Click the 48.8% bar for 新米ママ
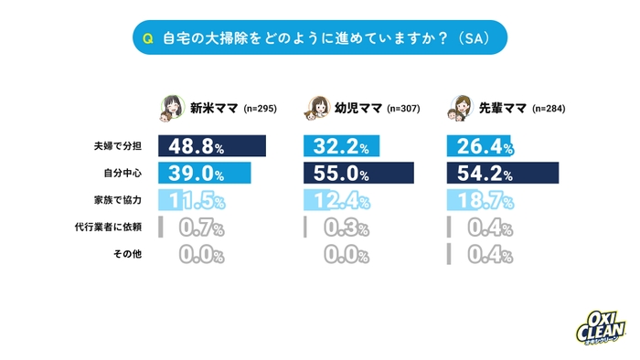[x=212, y=146]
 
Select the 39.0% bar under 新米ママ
[x=205, y=173]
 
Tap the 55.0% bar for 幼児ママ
[x=357, y=173]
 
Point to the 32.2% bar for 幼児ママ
[x=341, y=146]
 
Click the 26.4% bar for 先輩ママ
[x=480, y=146]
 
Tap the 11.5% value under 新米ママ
[x=193, y=200]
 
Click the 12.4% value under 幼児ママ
[x=338, y=200]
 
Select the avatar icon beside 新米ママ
[x=171, y=108]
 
